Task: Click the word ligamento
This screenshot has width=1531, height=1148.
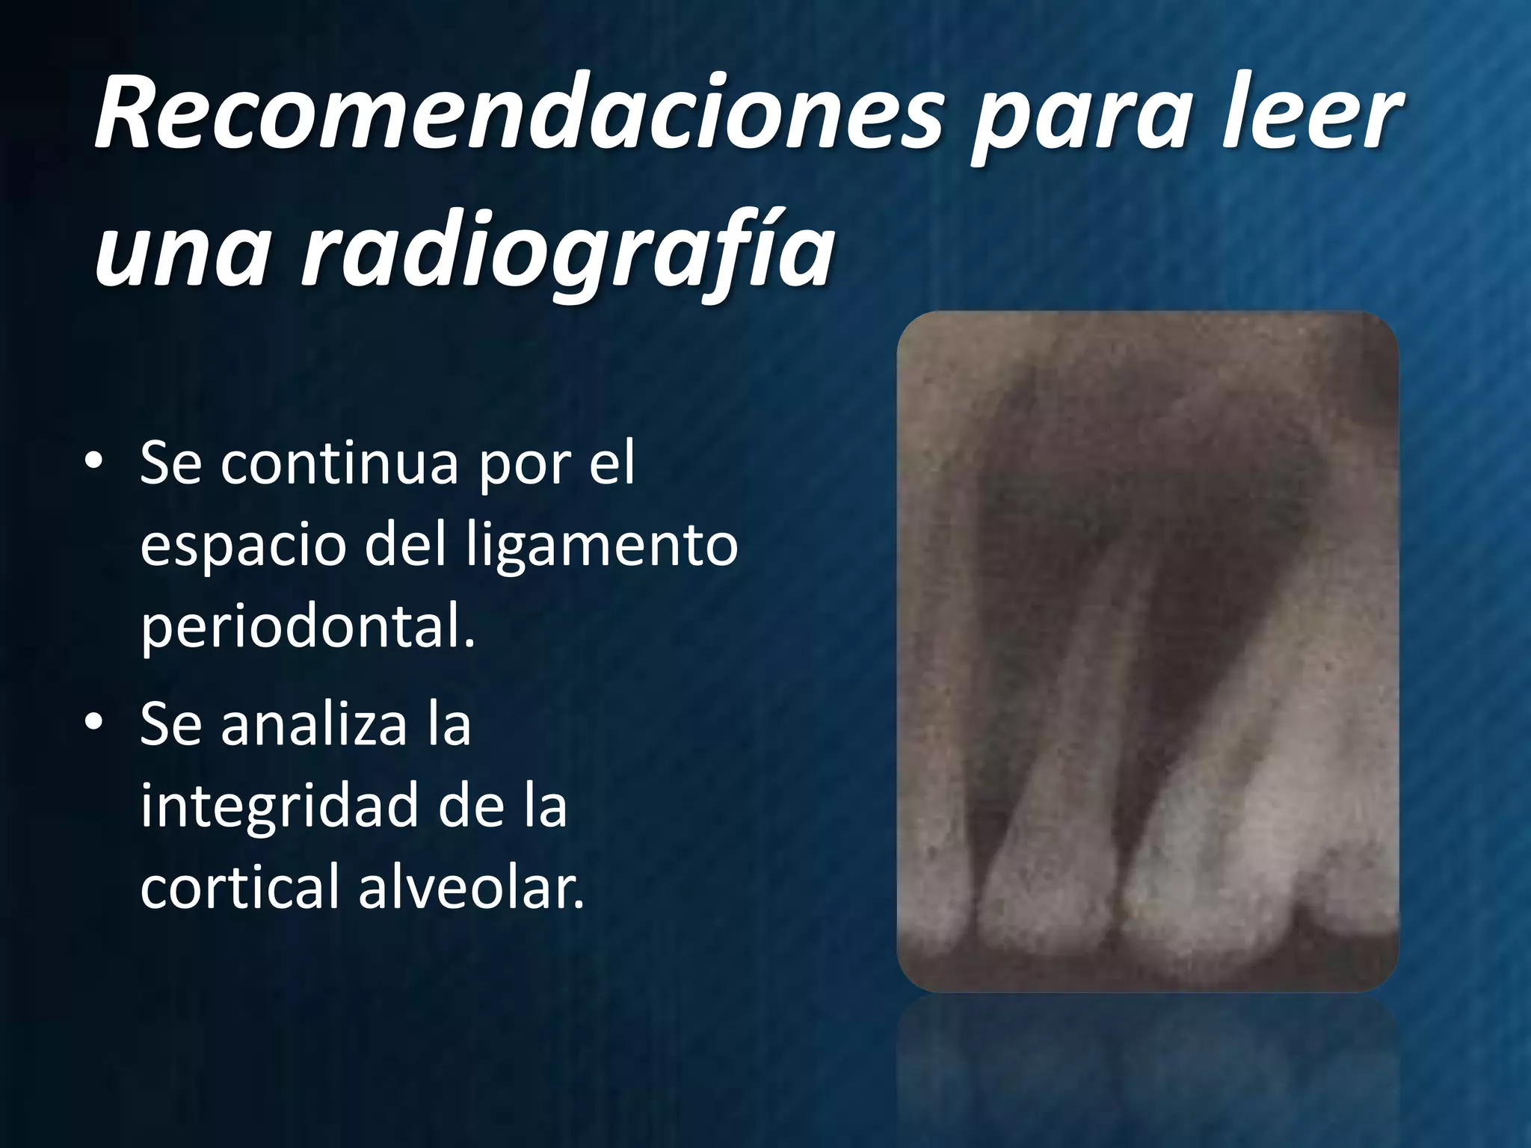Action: (601, 546)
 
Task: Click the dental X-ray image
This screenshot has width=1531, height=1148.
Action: (1147, 650)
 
